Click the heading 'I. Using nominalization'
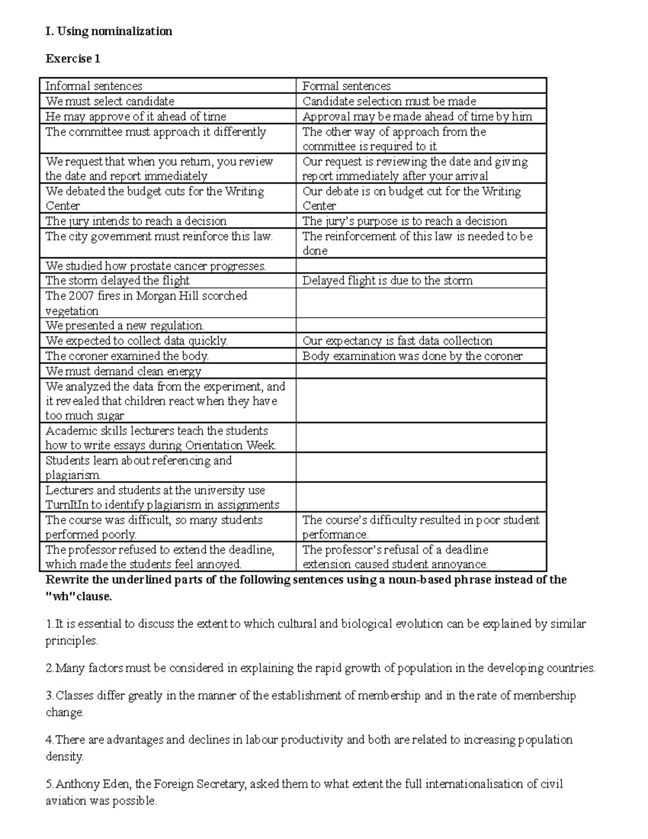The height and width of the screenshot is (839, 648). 109,31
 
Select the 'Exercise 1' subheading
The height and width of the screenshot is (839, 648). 73,59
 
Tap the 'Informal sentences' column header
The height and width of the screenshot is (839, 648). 93,86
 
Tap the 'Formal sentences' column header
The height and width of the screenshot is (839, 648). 346,86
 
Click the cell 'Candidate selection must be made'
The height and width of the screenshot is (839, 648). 389,101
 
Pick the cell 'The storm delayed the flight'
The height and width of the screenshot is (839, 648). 117,280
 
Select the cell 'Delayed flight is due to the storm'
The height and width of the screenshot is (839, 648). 387,280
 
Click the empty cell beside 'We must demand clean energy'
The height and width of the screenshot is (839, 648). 421,371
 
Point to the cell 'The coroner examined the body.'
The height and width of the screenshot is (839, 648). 127,356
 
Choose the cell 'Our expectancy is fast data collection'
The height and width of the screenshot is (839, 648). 397,341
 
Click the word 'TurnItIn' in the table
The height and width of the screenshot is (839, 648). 66,505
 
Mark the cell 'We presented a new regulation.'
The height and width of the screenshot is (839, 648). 125,326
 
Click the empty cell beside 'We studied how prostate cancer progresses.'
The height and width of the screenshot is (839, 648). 421,265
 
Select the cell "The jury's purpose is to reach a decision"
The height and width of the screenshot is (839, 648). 404,221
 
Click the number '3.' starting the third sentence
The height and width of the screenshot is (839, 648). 50,695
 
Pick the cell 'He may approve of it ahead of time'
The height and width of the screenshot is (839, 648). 136,116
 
